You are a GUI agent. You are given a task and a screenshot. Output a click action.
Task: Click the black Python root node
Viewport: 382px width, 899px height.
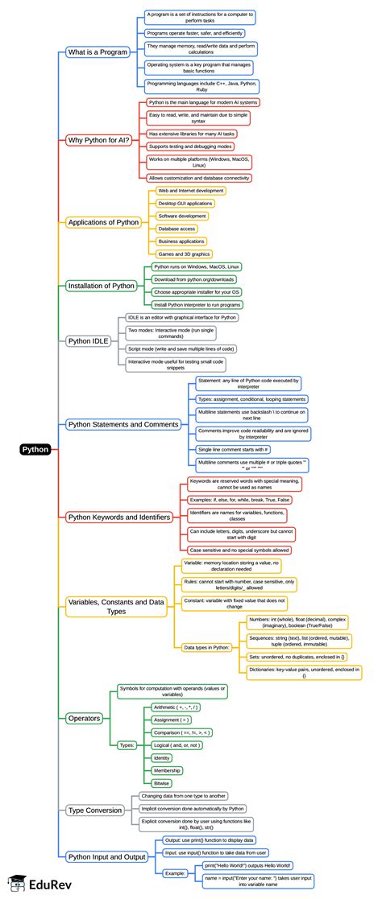[35, 450]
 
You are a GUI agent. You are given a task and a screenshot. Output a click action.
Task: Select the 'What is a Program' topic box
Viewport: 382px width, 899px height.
[98, 52]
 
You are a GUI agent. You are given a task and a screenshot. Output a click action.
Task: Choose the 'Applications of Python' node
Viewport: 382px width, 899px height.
[104, 222]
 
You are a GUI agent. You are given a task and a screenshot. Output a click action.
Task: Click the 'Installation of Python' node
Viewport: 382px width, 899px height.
[102, 285]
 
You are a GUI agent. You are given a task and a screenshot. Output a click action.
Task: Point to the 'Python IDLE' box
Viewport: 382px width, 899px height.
[91, 340]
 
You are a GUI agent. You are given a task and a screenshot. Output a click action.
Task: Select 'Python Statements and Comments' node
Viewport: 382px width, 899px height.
[123, 424]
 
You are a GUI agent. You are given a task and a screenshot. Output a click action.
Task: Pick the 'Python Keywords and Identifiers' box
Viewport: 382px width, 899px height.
[123, 517]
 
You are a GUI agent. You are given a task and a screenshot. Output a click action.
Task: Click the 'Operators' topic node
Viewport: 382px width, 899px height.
[85, 717]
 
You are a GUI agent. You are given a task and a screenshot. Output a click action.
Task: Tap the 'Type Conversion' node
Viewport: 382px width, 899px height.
[95, 810]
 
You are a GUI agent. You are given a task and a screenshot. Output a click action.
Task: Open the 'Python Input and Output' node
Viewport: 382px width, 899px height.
[106, 857]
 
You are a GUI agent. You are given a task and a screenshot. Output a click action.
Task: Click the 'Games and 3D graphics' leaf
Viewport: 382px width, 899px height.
[185, 254]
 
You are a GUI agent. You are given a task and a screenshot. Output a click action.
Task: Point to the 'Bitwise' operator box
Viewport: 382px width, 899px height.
[162, 782]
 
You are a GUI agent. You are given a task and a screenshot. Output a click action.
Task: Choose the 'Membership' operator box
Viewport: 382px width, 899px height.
[168, 770]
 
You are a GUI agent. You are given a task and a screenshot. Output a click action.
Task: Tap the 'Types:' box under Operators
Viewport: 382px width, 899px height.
[127, 745]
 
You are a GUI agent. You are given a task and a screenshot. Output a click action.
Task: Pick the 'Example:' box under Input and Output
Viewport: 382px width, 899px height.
[175, 872]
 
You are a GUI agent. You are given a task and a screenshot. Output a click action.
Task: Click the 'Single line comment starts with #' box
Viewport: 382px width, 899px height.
[234, 448]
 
